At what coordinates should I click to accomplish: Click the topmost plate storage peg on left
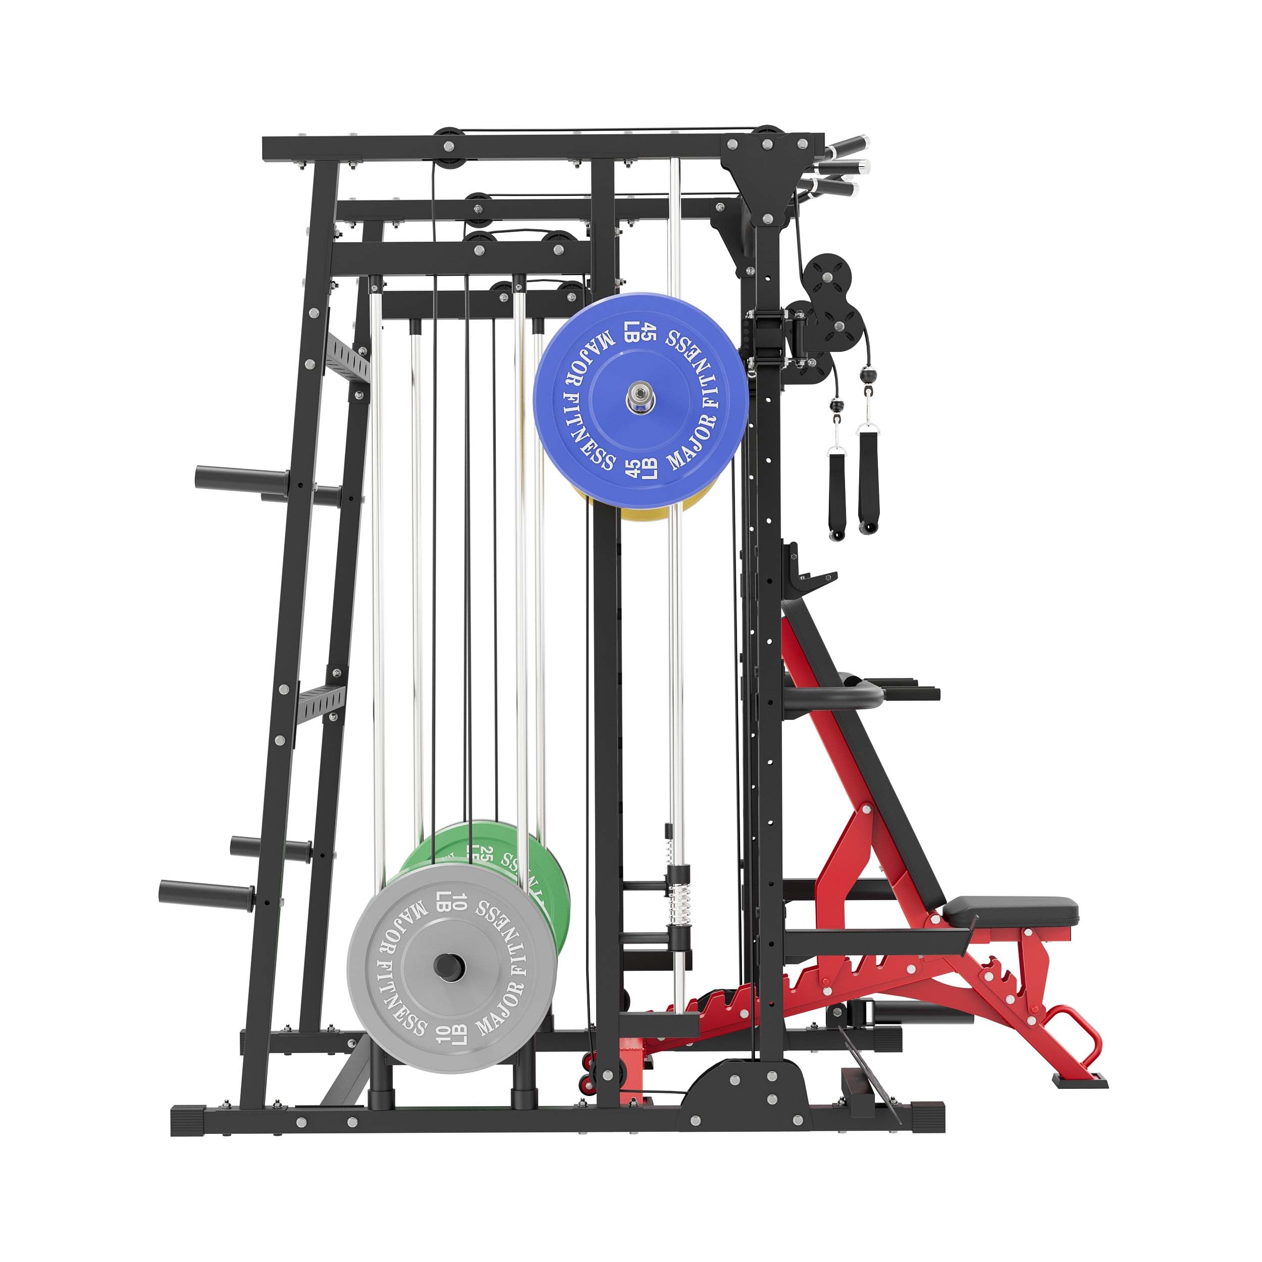pos(242,477)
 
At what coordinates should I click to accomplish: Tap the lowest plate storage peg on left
pos(206,891)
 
